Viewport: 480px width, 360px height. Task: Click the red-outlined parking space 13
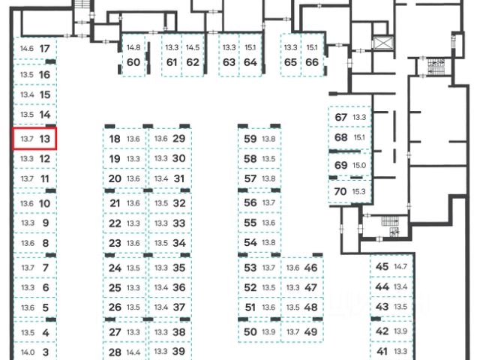[x=35, y=139]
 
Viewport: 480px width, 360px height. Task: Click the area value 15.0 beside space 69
[x=358, y=165]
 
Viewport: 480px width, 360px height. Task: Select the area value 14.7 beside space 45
[x=400, y=267]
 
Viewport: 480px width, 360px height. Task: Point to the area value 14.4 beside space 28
[x=133, y=352]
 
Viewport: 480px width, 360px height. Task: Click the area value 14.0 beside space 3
[x=28, y=352]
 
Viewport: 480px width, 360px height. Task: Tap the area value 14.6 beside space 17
[x=27, y=49]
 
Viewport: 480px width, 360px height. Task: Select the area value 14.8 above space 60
[x=133, y=47]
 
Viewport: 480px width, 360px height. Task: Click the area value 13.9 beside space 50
[x=268, y=331]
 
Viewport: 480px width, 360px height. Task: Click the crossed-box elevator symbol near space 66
[x=385, y=42]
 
